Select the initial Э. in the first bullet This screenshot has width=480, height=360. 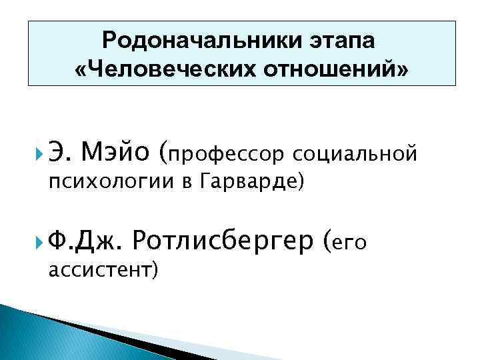(x=59, y=155)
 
